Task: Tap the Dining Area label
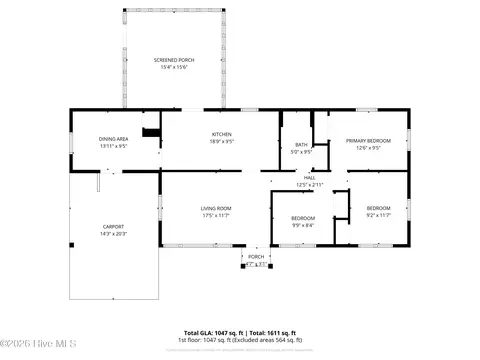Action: tap(113, 139)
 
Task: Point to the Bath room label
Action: tap(301, 146)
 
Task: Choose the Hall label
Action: tap(309, 178)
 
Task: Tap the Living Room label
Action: tap(216, 208)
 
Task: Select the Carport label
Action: tap(113, 226)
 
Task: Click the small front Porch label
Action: tap(256, 256)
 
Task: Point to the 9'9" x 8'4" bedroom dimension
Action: tap(303, 225)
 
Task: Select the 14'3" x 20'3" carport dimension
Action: tap(113, 233)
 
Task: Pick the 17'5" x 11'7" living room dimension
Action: tap(216, 215)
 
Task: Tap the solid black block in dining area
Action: tap(151, 133)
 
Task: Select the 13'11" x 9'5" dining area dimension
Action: tap(113, 146)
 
